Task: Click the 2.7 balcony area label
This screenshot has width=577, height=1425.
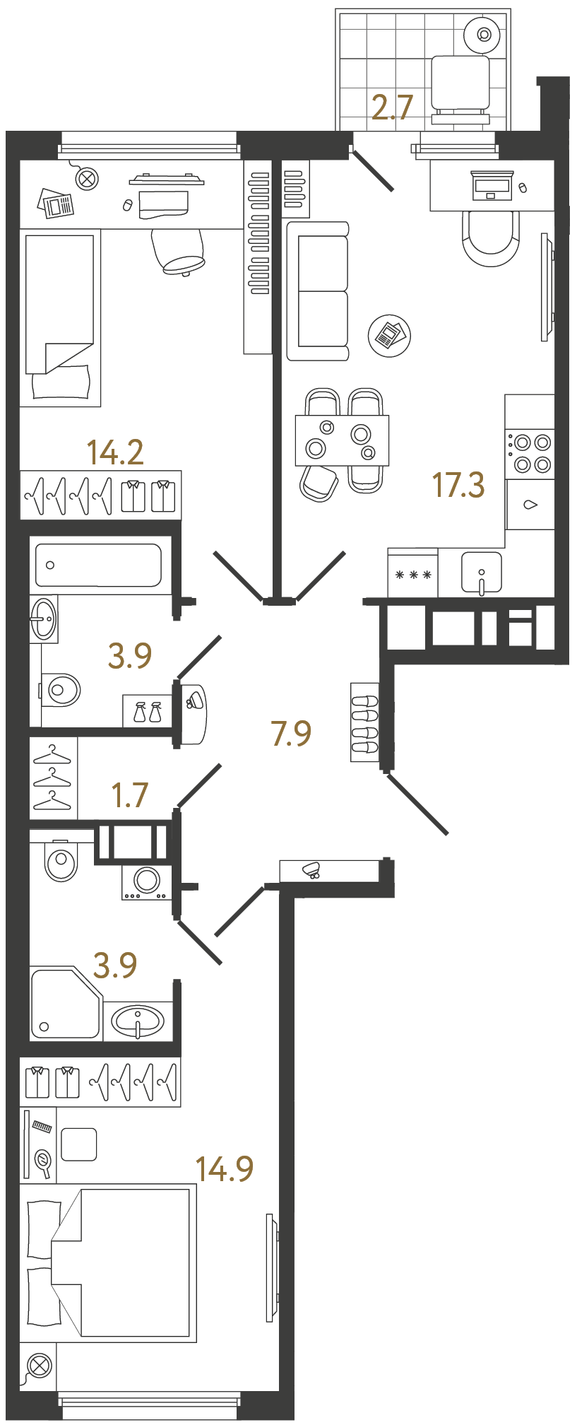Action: coord(392,107)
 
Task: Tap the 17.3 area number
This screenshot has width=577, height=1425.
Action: coord(458,486)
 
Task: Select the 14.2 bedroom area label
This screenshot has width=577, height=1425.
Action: coord(115,452)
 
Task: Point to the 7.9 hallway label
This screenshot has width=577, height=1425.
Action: coord(291,734)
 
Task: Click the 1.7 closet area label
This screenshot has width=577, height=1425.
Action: coord(130,795)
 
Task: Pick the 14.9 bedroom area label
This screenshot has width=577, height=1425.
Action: coord(224,1169)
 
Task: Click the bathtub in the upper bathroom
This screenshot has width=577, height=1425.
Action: coord(98,565)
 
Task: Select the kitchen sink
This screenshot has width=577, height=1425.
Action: coord(481,572)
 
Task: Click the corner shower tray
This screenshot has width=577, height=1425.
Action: coord(64,1004)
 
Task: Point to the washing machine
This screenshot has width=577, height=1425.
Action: coord(147,881)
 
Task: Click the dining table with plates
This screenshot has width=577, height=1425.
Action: coord(342,440)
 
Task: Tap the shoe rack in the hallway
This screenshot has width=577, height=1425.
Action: coord(364,722)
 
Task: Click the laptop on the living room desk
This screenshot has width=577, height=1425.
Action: coord(492,186)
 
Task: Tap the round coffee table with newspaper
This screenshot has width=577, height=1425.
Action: coord(389,335)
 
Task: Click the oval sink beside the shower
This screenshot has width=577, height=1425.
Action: coord(138,1021)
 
